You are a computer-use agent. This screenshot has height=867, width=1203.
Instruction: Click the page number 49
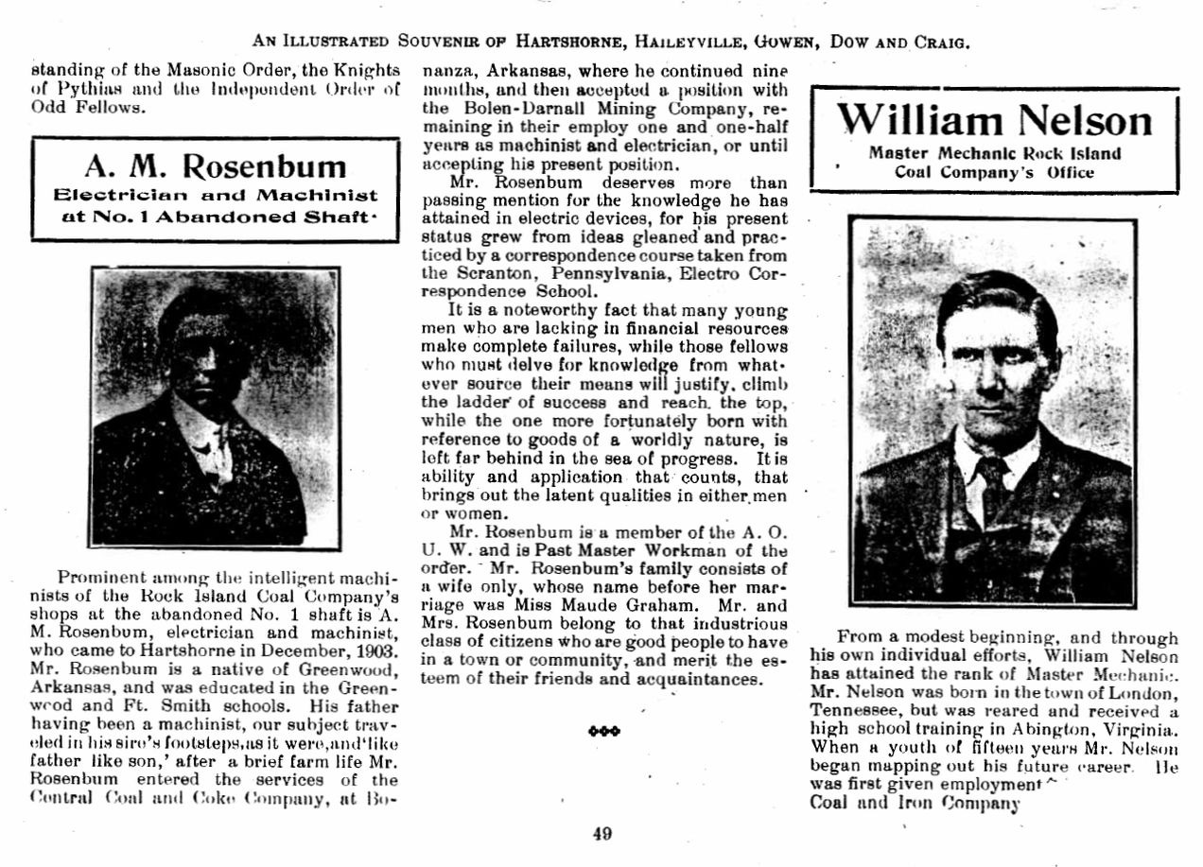point(602,834)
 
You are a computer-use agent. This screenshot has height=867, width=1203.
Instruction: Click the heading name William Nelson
point(995,120)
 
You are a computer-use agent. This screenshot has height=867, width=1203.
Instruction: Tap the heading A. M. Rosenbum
point(216,166)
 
